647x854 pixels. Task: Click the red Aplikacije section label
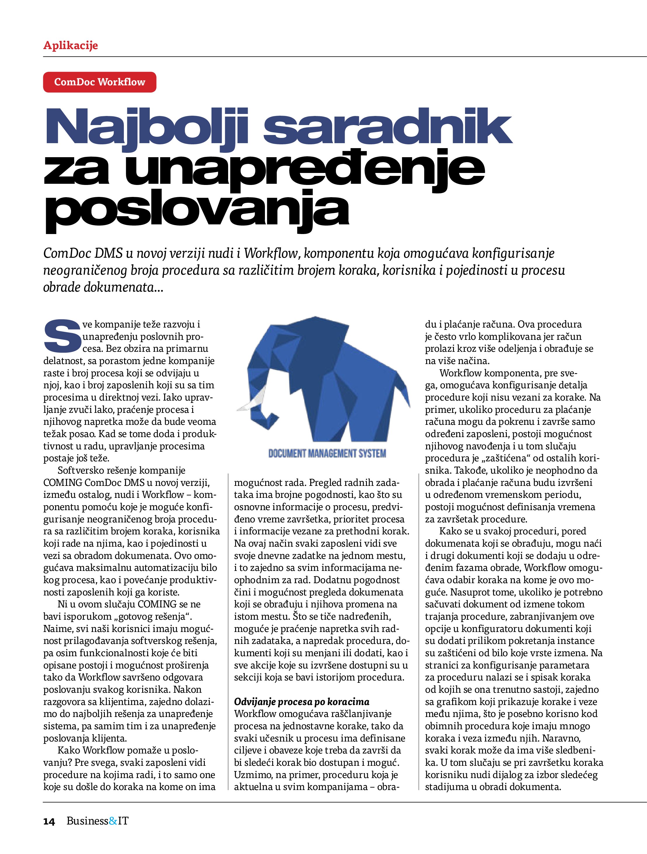click(x=70, y=46)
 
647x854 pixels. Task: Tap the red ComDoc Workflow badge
click(x=100, y=82)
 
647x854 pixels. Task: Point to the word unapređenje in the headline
click(x=305, y=170)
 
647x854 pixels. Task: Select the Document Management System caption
click(x=327, y=453)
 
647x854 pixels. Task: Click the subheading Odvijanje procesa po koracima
click(x=301, y=701)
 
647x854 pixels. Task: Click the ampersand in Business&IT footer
click(x=113, y=821)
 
